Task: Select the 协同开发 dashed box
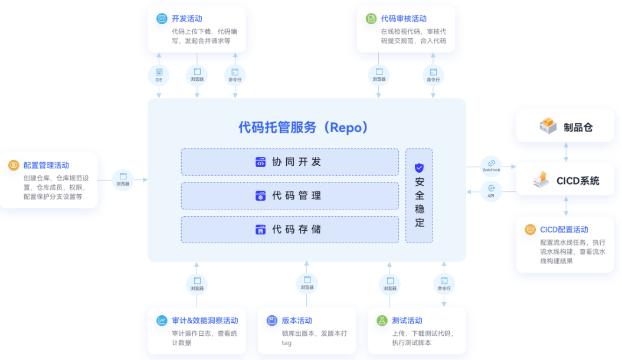(x=290, y=162)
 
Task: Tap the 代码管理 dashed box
(x=290, y=195)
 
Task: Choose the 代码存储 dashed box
(x=290, y=229)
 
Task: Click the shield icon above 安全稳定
(x=419, y=168)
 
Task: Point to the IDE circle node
(x=159, y=76)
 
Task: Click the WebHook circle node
(x=491, y=166)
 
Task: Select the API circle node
(x=491, y=191)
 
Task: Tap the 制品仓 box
(x=565, y=126)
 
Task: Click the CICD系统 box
(x=565, y=180)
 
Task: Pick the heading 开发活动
(x=186, y=19)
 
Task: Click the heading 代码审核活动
(x=404, y=19)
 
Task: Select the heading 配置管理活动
(x=46, y=165)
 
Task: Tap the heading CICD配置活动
(x=564, y=230)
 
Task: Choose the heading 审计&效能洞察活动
(x=205, y=320)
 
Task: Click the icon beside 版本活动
(x=271, y=320)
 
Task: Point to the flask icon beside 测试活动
(x=382, y=320)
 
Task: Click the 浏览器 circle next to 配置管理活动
(x=123, y=179)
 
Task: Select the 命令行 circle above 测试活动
(x=444, y=284)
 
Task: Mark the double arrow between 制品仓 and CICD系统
(x=566, y=152)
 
